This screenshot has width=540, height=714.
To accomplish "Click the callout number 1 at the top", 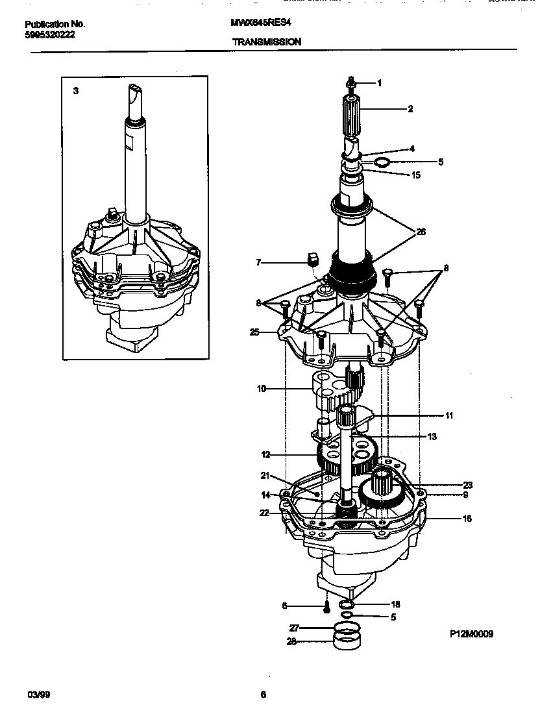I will click(379, 83).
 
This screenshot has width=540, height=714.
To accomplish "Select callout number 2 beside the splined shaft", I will click(410, 109).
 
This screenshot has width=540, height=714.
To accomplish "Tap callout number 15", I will click(416, 175).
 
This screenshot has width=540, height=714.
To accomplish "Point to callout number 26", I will click(421, 232).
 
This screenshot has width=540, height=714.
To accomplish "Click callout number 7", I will click(258, 262).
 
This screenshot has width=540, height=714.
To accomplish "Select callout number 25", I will click(254, 332).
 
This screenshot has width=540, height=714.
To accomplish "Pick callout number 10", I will click(262, 389).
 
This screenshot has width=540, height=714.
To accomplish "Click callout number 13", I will click(432, 437).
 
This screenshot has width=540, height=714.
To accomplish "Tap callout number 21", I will click(265, 475).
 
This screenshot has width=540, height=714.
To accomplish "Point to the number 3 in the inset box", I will click(76, 91).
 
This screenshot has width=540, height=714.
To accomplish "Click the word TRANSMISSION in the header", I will click(266, 42).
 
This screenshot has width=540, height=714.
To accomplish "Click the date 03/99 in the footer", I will click(38, 695).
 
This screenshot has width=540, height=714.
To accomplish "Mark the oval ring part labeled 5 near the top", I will click(383, 162).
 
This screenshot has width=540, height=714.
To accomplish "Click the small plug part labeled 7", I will click(313, 260).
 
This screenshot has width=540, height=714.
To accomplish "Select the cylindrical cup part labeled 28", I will click(347, 641).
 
